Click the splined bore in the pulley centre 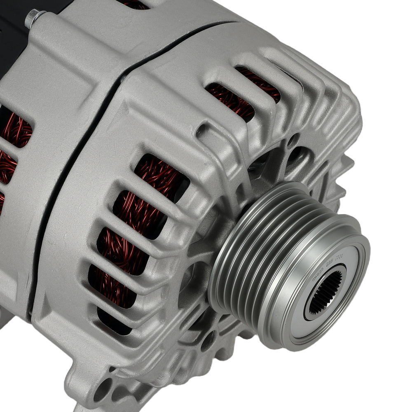[325, 292]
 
